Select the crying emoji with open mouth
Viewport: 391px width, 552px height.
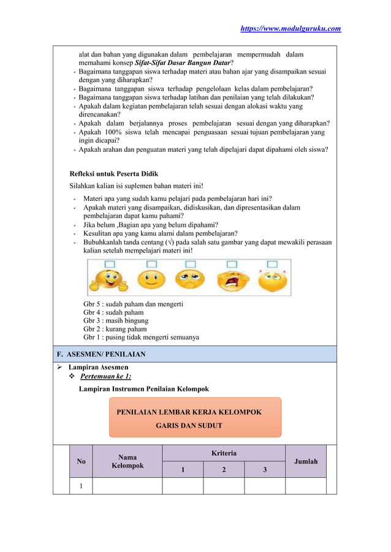(x=230, y=281)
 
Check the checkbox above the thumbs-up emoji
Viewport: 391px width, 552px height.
(x=110, y=264)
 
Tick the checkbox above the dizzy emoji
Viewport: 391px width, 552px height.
(x=270, y=264)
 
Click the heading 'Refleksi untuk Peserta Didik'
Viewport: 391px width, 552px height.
(x=113, y=174)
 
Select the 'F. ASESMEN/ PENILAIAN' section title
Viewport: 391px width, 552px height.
(x=101, y=354)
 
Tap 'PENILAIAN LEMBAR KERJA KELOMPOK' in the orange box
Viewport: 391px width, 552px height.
(x=189, y=412)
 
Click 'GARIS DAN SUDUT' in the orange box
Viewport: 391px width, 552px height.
(x=189, y=425)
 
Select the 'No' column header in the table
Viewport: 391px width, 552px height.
(x=81, y=461)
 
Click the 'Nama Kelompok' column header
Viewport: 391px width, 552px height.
(x=127, y=461)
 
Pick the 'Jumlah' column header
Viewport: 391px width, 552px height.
(x=306, y=461)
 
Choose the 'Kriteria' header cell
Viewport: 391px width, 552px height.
(x=224, y=453)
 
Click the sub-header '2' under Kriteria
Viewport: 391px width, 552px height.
(x=224, y=470)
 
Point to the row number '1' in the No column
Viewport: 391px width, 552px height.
(x=81, y=486)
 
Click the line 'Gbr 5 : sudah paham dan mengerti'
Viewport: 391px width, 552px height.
(x=133, y=304)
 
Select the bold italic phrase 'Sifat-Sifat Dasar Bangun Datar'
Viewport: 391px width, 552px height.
(x=180, y=63)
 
